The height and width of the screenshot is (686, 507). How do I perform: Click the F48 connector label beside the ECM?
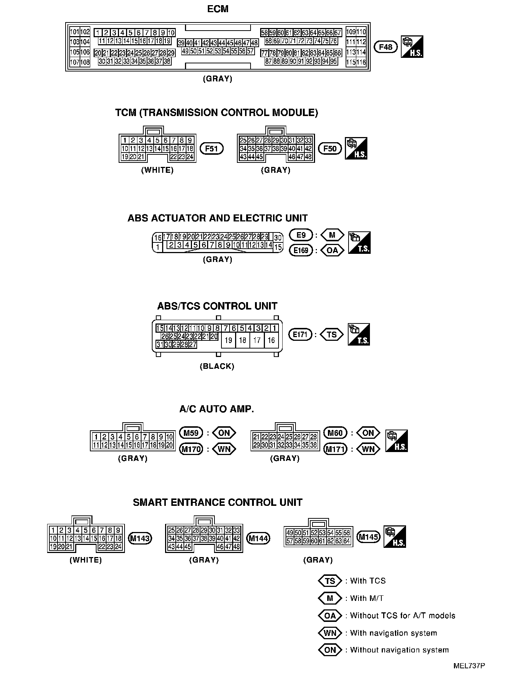(x=385, y=47)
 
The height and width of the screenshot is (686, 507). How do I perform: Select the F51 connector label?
(x=211, y=149)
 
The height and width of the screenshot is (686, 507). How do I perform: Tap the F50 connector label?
(x=330, y=148)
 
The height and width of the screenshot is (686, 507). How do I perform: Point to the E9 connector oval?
(x=301, y=235)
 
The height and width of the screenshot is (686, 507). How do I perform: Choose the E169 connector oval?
(x=301, y=251)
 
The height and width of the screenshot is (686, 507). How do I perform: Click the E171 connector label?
(x=300, y=335)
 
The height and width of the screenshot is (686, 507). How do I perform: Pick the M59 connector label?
(x=191, y=433)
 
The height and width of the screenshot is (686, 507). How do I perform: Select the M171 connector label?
(x=335, y=449)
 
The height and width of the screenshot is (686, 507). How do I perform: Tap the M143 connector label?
(x=140, y=539)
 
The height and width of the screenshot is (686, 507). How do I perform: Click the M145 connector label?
(x=369, y=537)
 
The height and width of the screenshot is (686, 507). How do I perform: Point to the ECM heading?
(x=218, y=9)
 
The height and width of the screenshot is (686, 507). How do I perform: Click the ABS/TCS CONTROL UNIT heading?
(x=217, y=306)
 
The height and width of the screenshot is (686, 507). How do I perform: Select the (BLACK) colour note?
(x=217, y=366)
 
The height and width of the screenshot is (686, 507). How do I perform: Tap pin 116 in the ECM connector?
(x=361, y=62)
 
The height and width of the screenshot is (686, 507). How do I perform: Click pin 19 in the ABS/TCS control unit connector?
(x=228, y=340)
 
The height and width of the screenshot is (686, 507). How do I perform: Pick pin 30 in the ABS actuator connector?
(x=278, y=238)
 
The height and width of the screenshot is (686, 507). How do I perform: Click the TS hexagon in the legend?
(x=330, y=581)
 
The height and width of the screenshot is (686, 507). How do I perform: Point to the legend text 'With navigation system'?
(x=393, y=633)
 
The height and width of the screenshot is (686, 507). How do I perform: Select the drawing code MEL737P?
(x=469, y=666)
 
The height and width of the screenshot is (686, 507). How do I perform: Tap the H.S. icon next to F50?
(x=356, y=148)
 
